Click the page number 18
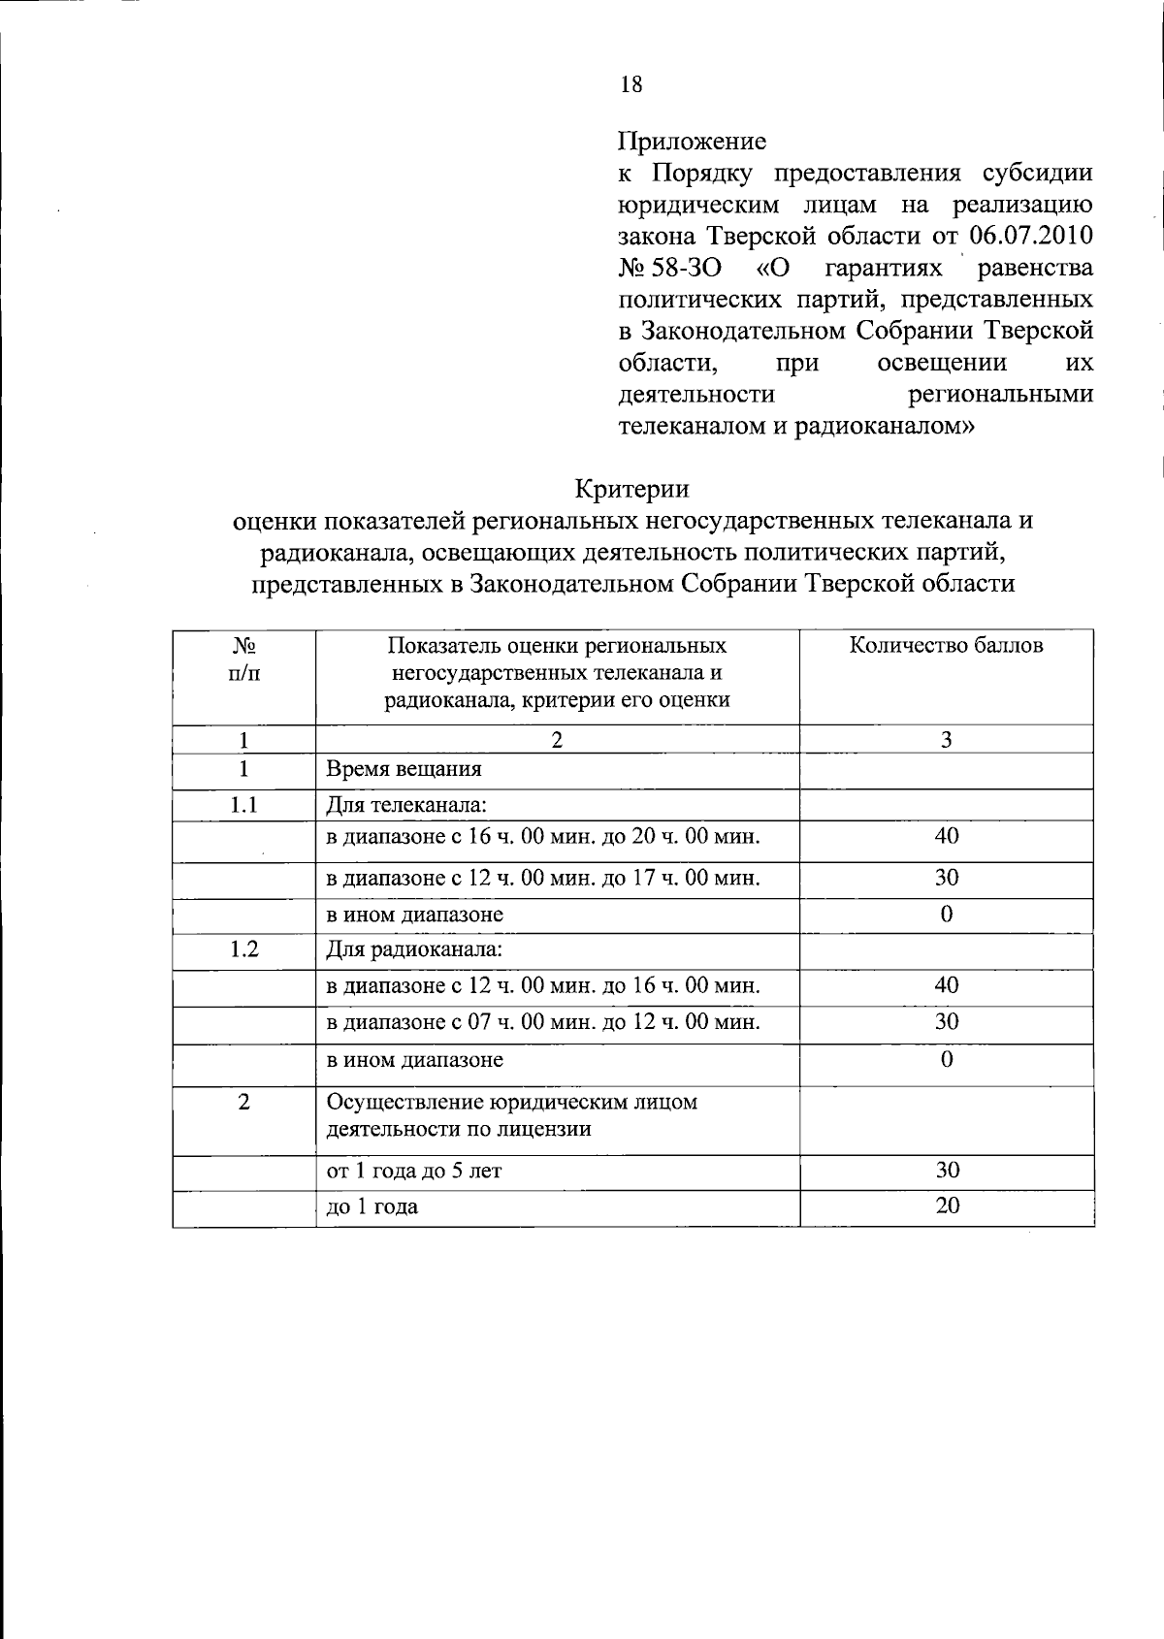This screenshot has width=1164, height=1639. click(x=630, y=85)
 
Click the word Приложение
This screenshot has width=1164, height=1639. click(x=693, y=142)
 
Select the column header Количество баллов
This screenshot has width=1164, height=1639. click(x=946, y=647)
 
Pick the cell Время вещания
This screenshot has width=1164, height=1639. click(x=404, y=770)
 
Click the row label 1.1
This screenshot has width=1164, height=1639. click(x=244, y=805)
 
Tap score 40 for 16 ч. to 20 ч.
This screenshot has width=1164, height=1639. click(x=947, y=836)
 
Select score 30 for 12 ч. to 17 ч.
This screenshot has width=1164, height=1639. click(x=947, y=879)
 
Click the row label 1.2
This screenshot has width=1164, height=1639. click(x=244, y=949)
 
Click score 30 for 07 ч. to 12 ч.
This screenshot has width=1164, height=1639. click(x=947, y=1022)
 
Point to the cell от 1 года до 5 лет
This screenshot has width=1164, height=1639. click(x=414, y=1172)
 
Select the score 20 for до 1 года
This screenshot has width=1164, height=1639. click(x=947, y=1206)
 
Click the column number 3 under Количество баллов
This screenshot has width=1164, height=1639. click(x=947, y=740)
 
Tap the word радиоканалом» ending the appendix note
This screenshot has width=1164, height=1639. click(x=885, y=426)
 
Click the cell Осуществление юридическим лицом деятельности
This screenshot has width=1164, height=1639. click(x=511, y=1115)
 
